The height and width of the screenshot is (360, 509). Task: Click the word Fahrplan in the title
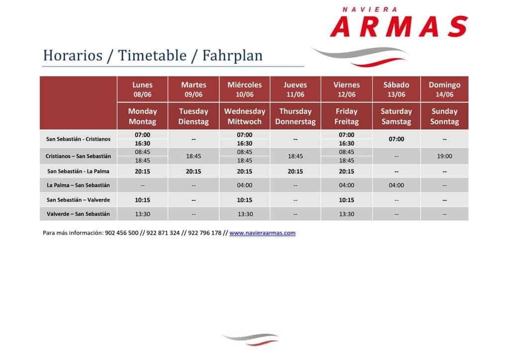[233, 56]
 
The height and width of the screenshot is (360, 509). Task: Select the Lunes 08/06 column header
[142, 90]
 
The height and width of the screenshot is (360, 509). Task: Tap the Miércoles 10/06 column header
[245, 90]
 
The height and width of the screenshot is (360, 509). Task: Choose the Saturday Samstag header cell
[396, 116]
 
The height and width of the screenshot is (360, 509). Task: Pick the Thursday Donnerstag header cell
[295, 116]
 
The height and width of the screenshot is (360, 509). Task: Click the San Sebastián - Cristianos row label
[78, 139]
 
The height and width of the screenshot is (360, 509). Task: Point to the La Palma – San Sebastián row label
[78, 185]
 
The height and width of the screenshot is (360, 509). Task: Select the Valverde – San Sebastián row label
[78, 214]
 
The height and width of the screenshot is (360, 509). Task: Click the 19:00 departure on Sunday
[444, 156]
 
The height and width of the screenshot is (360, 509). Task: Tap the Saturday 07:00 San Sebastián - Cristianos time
[396, 139]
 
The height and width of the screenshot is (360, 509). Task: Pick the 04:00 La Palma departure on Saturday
[396, 185]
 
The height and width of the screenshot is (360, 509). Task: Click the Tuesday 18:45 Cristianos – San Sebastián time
[193, 156]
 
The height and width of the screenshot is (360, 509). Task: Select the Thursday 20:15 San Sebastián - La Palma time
[295, 171]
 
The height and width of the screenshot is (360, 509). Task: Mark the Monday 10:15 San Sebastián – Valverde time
[142, 200]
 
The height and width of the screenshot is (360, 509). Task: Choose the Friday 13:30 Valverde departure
[346, 214]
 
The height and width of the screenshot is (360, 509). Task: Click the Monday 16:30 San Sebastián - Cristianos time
[142, 144]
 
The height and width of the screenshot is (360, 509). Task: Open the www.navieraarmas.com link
[262, 233]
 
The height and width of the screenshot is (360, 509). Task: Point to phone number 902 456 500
[122, 233]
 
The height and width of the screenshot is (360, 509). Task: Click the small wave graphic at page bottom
[251, 339]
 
